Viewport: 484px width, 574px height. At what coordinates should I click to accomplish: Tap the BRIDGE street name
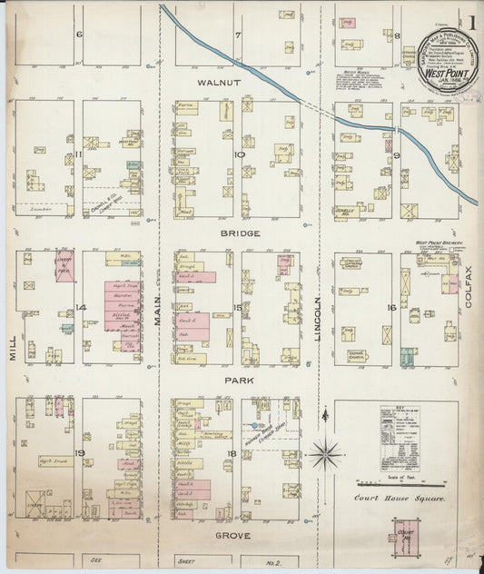point(241,233)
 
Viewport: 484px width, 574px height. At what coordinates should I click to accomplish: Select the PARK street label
point(241,381)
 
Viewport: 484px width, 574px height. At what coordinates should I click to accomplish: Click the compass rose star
point(324,451)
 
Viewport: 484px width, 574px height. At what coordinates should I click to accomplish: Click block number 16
point(391,308)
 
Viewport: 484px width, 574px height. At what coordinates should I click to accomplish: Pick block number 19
point(80,451)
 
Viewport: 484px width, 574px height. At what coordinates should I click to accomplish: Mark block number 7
point(238,35)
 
